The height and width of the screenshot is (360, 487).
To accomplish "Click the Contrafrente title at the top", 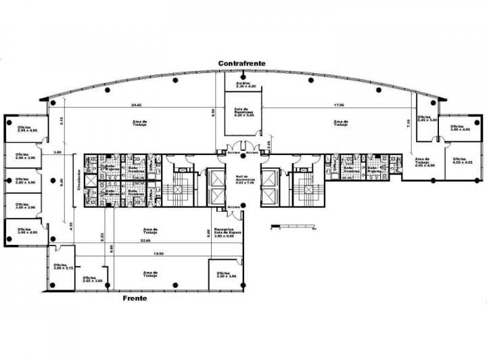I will [241, 63].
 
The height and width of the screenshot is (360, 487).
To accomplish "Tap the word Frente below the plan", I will [135, 297].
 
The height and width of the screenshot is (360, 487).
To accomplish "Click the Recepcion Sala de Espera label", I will [223, 233].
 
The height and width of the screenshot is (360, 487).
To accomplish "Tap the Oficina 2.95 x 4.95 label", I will [26, 129].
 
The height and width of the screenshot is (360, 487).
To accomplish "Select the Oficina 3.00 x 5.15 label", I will [60, 267].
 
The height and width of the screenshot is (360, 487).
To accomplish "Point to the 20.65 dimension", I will [136, 105].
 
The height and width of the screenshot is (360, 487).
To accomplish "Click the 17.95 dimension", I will [339, 105].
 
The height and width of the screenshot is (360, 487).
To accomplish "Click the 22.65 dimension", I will [145, 241].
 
